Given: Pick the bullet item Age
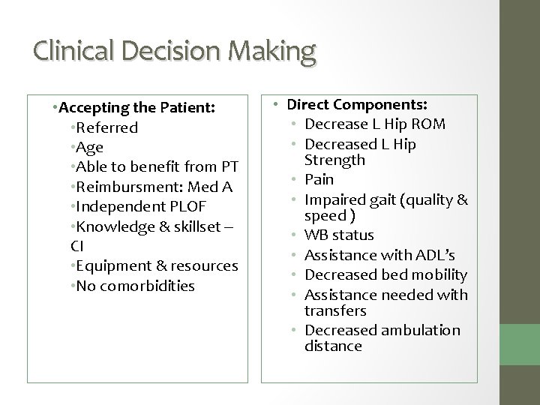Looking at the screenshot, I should (x=88, y=147).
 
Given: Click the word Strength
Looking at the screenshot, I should (x=335, y=160).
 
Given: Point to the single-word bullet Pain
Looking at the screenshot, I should (x=318, y=180).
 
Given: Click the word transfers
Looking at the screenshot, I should (x=335, y=310).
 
